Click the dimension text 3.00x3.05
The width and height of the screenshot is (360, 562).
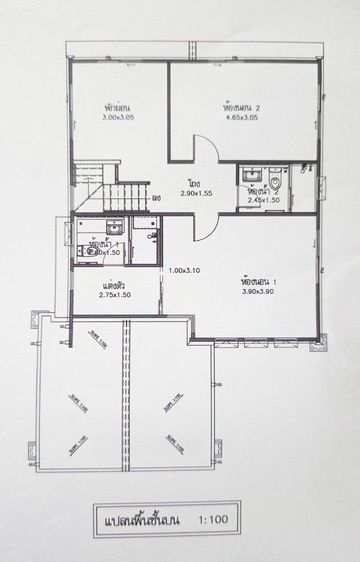click(x=121, y=118)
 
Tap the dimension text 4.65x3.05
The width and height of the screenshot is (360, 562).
click(x=241, y=117)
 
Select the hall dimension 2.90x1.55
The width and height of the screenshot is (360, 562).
click(x=195, y=193)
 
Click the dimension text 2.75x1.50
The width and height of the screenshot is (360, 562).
click(x=116, y=295)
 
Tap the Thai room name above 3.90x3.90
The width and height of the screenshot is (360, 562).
click(x=258, y=281)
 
